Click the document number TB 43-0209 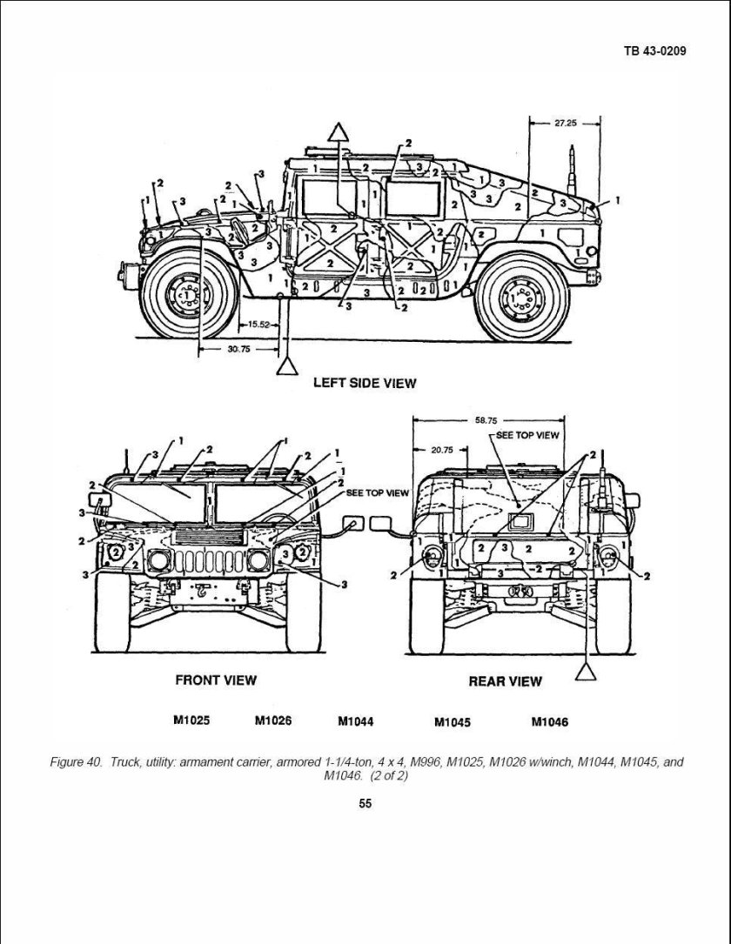coord(654,50)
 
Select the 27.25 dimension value coord(565,123)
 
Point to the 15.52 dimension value coord(259,324)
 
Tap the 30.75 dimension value coord(238,349)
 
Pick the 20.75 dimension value coord(442,450)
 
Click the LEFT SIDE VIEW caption coord(365,383)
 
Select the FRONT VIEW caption coord(216,680)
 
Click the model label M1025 coord(191,720)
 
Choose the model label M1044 coord(355,721)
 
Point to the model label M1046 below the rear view coord(549,721)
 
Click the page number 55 coord(365,803)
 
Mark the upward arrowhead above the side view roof coord(339,131)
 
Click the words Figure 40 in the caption coord(77,762)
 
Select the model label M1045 coord(452,721)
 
